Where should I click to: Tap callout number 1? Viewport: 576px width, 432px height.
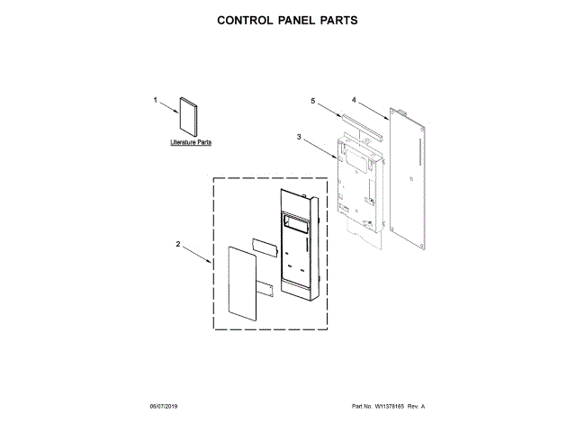pos(155,101)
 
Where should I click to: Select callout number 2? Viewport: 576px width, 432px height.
pos(178,244)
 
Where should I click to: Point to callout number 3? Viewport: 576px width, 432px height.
pos(298,136)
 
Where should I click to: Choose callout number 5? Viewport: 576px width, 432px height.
pos(313,103)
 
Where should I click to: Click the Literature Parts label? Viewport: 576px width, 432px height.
pos(190,142)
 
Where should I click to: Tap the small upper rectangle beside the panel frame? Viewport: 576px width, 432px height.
pos(264,245)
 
